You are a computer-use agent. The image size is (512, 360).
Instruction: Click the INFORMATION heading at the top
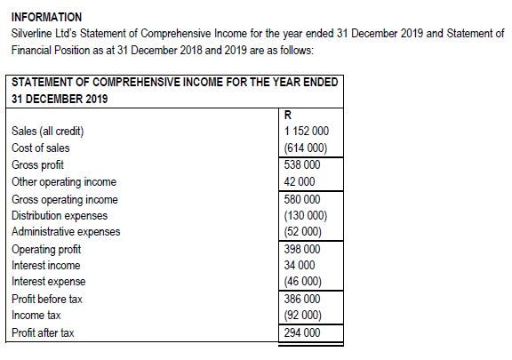click(x=46, y=17)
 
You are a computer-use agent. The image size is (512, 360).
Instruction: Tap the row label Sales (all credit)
click(x=48, y=132)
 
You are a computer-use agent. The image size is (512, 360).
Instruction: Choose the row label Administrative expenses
click(x=66, y=232)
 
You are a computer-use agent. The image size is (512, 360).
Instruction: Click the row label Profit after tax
click(x=43, y=333)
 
